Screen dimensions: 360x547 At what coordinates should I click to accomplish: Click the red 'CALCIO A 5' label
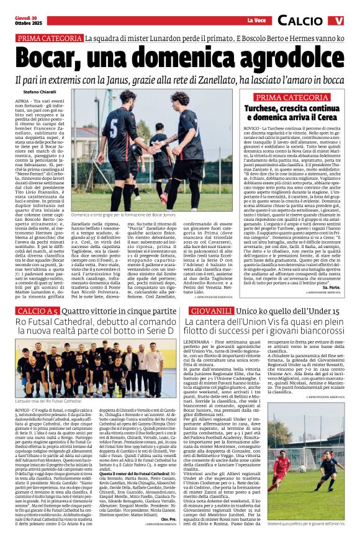coord(36,310)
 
